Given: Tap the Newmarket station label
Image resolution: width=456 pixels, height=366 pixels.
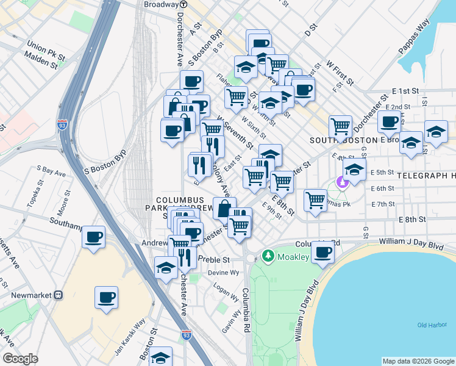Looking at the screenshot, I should coord(28,295).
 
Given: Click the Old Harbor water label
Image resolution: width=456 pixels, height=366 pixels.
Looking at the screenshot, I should coord(432,325).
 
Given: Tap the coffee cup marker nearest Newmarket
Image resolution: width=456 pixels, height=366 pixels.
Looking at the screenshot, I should coord(106,298).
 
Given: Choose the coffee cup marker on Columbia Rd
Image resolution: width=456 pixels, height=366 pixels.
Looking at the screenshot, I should coord(322,251).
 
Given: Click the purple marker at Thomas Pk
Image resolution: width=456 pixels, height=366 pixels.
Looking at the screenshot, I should coord(342,182).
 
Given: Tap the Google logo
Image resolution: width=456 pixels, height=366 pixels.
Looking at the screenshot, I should coord(20,358).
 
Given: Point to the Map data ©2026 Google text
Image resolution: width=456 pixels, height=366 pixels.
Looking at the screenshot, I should coord(418,361).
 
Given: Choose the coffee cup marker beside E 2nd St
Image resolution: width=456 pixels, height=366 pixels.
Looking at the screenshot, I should coord(388,121).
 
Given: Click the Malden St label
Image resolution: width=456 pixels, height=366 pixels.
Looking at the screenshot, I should coord(41,59).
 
